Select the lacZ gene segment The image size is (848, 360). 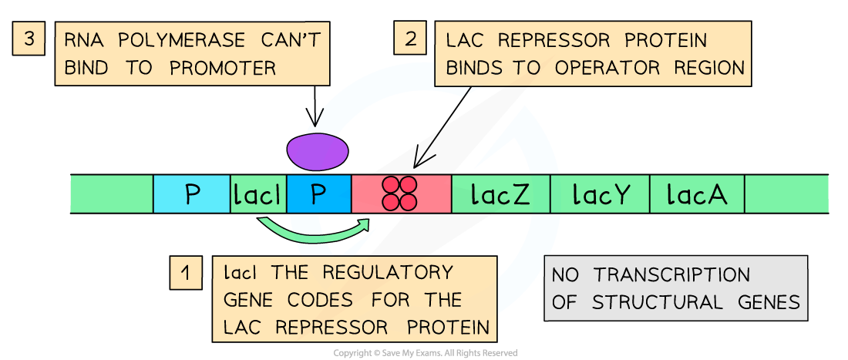click(500, 194)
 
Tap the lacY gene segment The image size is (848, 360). click(600, 194)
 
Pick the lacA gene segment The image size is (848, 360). click(697, 194)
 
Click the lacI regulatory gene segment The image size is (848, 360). click(258, 195)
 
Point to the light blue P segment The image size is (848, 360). click(192, 194)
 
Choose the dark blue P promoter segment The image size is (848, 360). click(318, 194)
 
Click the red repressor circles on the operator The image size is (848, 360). click(400, 193)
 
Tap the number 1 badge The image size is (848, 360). click(185, 272)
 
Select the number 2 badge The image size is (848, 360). click(410, 39)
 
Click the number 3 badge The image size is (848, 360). click(29, 39)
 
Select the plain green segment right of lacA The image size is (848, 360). click(786, 194)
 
